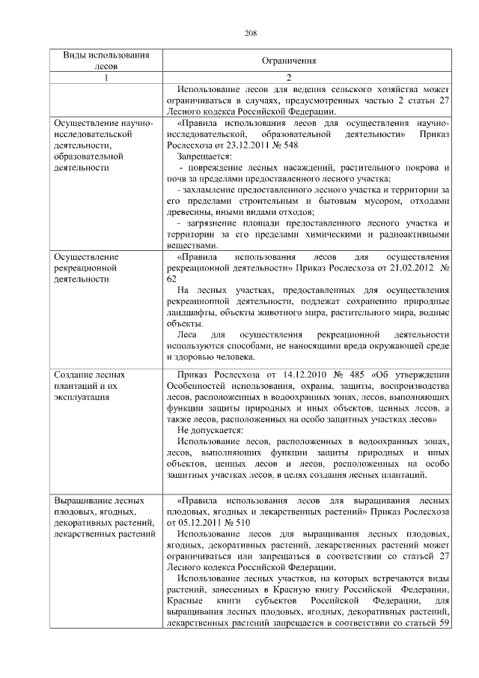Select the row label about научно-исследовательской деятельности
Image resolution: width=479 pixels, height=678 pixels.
(101, 145)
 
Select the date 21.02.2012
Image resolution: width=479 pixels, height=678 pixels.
(404, 267)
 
